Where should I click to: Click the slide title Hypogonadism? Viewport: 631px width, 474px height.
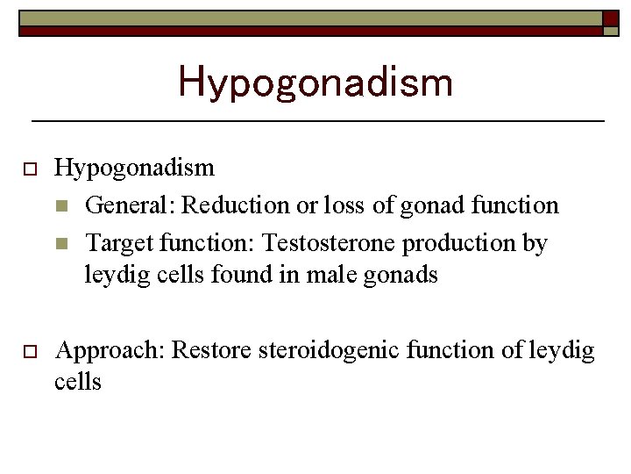tap(315, 82)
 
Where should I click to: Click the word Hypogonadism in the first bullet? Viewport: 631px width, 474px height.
tap(134, 168)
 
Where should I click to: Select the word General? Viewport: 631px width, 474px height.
tap(131, 205)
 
